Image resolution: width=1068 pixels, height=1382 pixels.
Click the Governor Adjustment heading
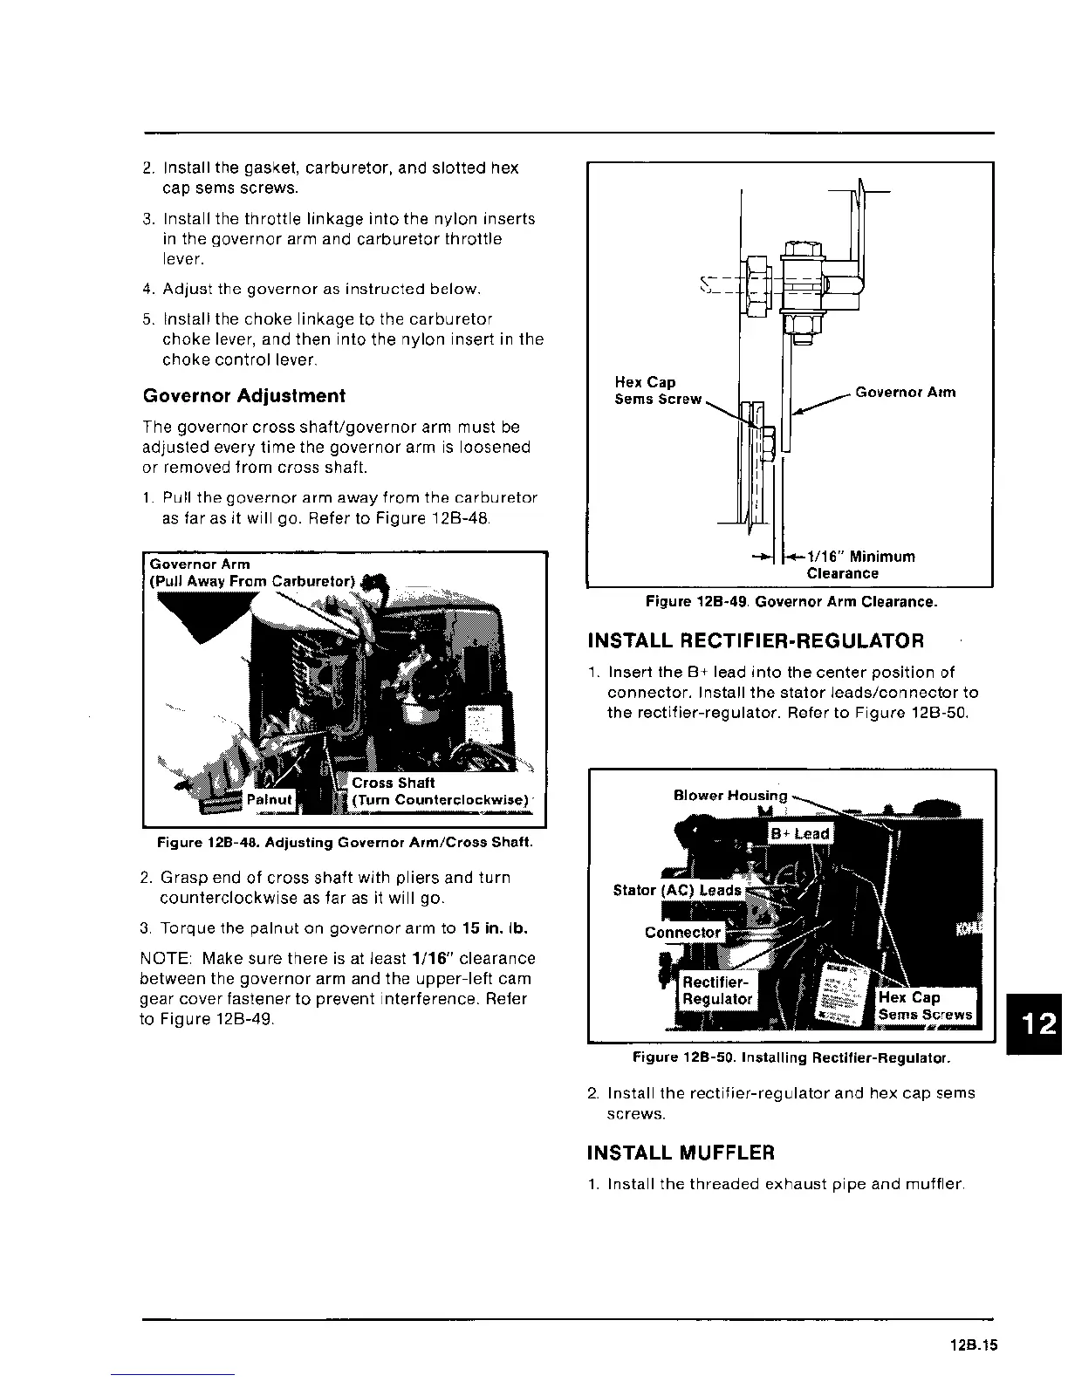(243, 396)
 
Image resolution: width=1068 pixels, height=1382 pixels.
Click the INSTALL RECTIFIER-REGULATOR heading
(756, 641)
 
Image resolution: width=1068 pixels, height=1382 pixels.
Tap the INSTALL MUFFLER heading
(681, 1153)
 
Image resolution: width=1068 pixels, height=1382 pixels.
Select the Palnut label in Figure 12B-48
(270, 799)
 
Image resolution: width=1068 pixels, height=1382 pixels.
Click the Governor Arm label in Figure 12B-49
(905, 392)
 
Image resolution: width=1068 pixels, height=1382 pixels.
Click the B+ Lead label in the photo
(799, 833)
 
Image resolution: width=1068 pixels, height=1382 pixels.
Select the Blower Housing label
(730, 795)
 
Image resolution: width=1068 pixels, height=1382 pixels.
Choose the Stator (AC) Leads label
(677, 890)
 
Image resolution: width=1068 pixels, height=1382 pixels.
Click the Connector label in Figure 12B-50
(683, 932)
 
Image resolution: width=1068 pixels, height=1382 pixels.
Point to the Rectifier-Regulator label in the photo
(717, 990)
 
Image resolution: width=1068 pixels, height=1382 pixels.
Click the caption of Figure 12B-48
(344, 843)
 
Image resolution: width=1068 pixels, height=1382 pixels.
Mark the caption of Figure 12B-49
(791, 602)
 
